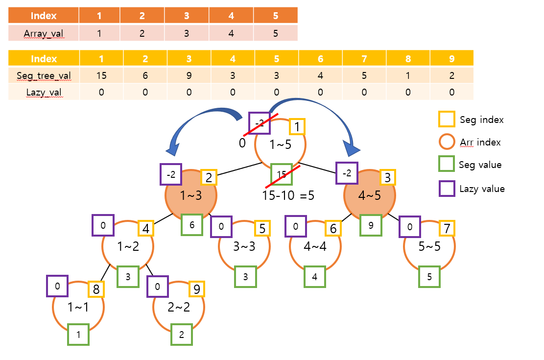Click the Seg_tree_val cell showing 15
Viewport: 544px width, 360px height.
[101, 75]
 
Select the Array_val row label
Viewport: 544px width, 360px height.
[44, 33]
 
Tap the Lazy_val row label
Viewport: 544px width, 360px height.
[44, 92]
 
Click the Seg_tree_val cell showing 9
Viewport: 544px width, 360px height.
[189, 75]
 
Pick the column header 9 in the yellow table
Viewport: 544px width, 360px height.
[451, 58]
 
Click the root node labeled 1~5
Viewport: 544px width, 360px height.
[281, 144]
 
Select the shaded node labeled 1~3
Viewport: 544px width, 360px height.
[191, 196]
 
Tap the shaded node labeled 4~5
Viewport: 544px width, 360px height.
[369, 196]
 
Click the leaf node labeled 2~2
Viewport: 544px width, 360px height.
[179, 308]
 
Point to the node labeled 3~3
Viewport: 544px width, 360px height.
[243, 246]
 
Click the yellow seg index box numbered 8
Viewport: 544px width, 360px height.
[96, 289]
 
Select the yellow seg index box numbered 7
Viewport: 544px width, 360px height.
[446, 228]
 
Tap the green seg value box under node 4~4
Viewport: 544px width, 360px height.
[315, 277]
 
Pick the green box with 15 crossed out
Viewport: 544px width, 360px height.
[282, 174]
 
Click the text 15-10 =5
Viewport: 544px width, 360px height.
[288, 195]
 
